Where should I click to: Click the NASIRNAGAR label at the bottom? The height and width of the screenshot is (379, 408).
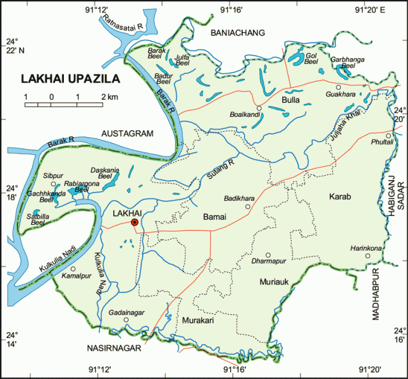point(113,347)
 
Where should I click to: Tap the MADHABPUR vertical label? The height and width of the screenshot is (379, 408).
point(375,297)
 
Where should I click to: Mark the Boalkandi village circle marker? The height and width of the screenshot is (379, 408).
point(258,108)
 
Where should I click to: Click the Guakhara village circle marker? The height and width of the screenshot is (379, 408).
point(338,87)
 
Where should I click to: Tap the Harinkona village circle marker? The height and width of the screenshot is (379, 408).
point(367,256)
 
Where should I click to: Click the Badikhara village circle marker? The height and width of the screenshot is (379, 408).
point(248,206)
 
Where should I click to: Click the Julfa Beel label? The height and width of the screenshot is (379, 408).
point(182,60)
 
